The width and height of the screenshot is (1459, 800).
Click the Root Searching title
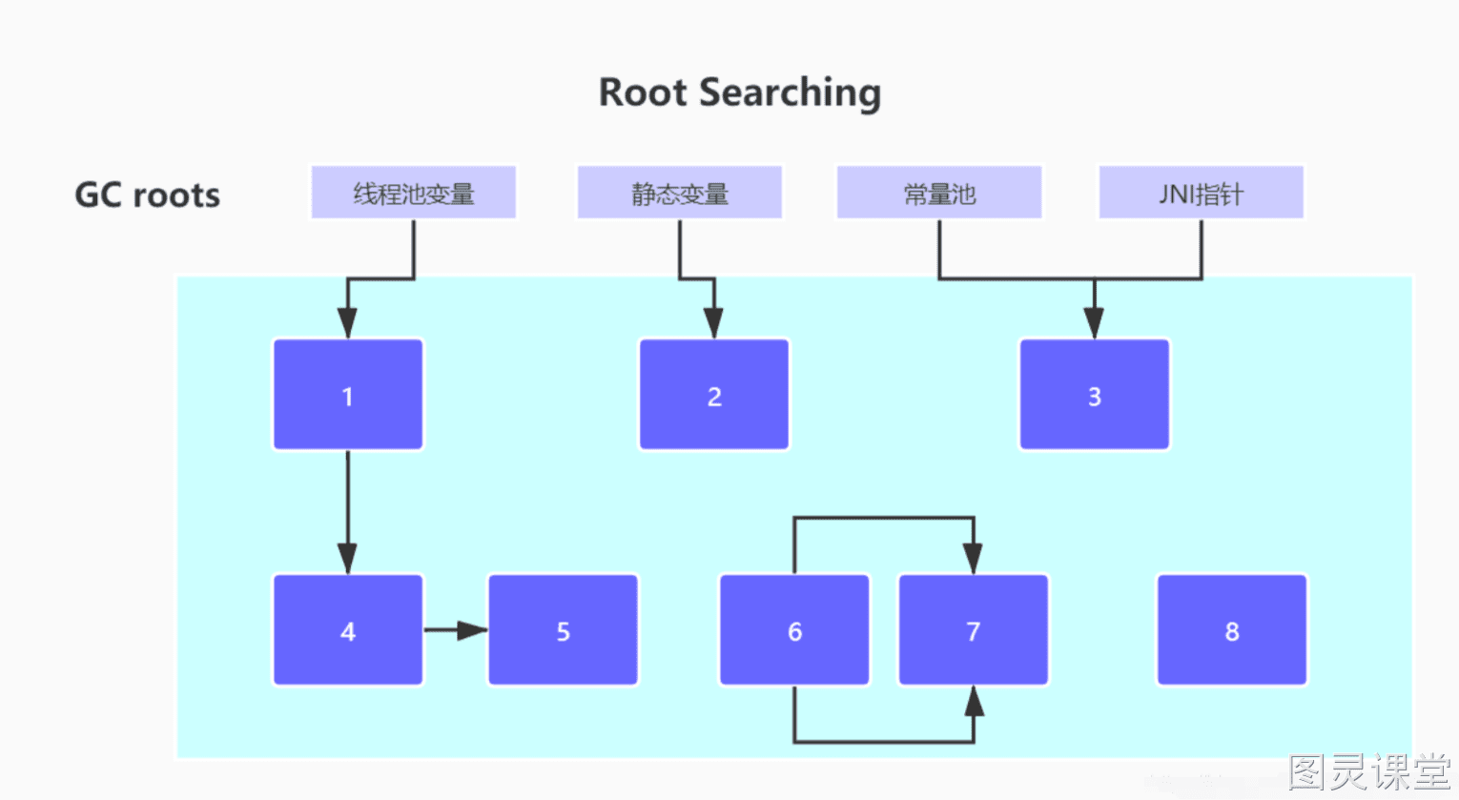[x=740, y=92]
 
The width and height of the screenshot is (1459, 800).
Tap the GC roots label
[x=148, y=195]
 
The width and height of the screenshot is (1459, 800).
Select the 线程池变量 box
[x=414, y=193]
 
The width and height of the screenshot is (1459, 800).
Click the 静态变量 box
[x=679, y=193]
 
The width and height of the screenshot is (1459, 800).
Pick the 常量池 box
[x=939, y=193]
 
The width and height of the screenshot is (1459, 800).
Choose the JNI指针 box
[x=1202, y=193]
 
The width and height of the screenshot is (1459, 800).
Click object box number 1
[x=348, y=394]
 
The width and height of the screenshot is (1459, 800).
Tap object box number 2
[x=714, y=394]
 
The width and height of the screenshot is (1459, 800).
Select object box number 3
[x=1095, y=394]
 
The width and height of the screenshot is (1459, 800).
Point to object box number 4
[x=348, y=630]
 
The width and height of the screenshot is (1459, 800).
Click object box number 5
[x=564, y=630]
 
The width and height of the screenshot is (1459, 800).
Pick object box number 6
[x=794, y=630]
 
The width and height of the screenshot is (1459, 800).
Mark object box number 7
[x=974, y=630]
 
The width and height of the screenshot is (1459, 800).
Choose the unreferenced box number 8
[x=1232, y=630]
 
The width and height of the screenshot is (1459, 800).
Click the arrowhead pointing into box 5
[x=473, y=630]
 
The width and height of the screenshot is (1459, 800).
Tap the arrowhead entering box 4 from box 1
[x=348, y=559]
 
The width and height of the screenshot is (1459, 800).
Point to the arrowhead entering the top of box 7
[x=974, y=559]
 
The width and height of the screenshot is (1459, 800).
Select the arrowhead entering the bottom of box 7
[x=974, y=701]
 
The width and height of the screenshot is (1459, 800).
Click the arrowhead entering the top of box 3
[x=1095, y=323]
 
